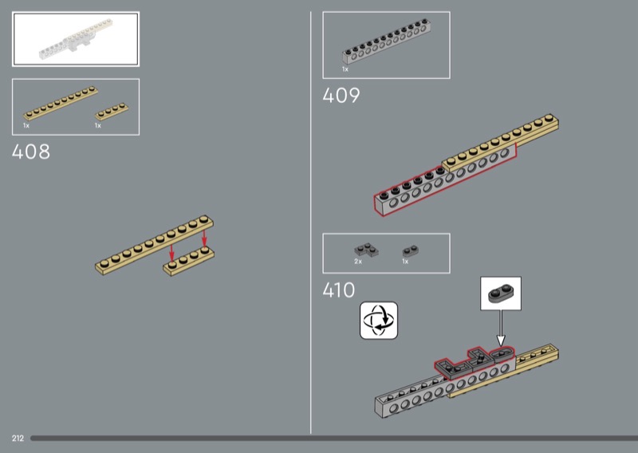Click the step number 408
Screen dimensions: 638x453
click(31, 152)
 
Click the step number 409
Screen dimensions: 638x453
click(341, 96)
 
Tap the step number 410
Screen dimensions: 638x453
click(338, 290)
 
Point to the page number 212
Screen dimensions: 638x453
click(18, 439)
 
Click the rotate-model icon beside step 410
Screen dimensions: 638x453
click(378, 321)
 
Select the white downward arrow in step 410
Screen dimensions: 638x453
click(501, 328)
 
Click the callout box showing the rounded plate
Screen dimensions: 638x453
click(501, 293)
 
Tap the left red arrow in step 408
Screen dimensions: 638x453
click(171, 253)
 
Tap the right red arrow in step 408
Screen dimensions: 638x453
click(204, 238)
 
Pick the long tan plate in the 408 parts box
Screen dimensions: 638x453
click(61, 103)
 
